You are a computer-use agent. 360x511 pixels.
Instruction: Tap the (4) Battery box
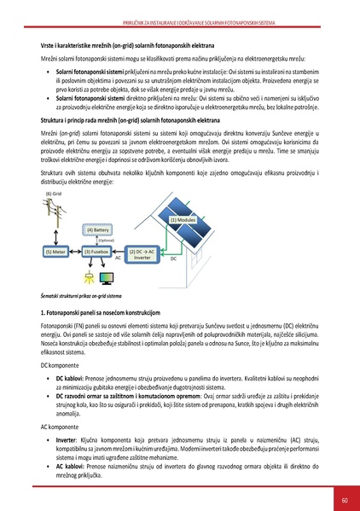coord(96,229)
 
